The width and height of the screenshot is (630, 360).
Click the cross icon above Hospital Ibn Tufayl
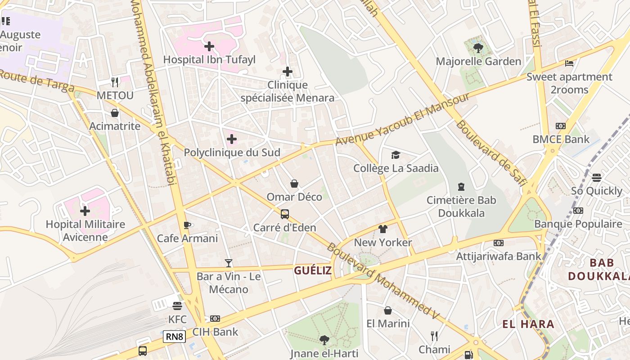(x=209, y=46)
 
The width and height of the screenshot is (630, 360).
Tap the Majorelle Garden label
(x=478, y=62)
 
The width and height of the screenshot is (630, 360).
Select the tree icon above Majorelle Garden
(x=478, y=48)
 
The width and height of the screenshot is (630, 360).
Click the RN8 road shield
(x=175, y=336)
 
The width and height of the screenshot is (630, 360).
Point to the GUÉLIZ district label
(x=313, y=270)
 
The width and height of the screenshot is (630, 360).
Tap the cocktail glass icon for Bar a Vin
(x=229, y=263)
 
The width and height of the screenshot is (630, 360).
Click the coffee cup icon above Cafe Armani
(x=187, y=225)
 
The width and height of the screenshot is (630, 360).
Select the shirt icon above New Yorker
(x=383, y=229)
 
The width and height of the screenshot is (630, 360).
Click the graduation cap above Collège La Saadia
(x=396, y=155)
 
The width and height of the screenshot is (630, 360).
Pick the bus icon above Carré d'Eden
(x=284, y=214)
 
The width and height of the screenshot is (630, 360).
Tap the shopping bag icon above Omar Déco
(x=294, y=184)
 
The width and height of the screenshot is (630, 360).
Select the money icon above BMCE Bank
(x=560, y=126)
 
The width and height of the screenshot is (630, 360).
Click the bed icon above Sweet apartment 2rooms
(x=569, y=63)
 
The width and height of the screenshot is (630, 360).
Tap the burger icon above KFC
(x=177, y=306)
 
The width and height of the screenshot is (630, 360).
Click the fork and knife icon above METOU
(x=115, y=82)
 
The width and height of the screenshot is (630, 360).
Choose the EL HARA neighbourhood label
(x=528, y=324)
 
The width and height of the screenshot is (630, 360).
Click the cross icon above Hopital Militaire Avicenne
(x=85, y=211)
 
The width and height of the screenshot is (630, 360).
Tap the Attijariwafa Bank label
(x=499, y=256)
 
